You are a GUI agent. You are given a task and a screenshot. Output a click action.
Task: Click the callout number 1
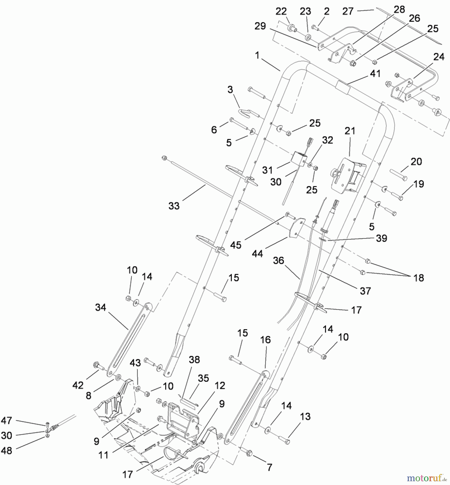(x=257, y=56)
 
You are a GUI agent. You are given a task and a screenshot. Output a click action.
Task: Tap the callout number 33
(x=174, y=206)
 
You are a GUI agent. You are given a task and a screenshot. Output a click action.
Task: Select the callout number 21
(x=350, y=131)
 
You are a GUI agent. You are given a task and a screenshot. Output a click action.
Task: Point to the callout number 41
(x=375, y=73)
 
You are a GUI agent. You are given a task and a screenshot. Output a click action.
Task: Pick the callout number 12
(x=220, y=386)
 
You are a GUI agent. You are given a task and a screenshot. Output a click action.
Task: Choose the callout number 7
(x=269, y=467)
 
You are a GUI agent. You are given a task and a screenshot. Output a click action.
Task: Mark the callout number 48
(x=6, y=451)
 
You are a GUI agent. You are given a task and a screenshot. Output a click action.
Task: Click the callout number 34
(x=101, y=307)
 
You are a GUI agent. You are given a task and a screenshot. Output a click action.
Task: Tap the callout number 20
(x=416, y=161)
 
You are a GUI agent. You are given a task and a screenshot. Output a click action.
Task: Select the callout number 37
(x=365, y=291)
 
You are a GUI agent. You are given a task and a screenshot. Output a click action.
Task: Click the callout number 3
(x=230, y=89)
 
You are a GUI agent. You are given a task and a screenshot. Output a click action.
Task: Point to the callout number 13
(x=305, y=417)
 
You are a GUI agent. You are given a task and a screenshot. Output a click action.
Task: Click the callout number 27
(x=348, y=11)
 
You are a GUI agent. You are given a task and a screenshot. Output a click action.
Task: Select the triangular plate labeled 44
(x=296, y=228)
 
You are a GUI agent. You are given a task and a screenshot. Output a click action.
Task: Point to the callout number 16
(x=265, y=340)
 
